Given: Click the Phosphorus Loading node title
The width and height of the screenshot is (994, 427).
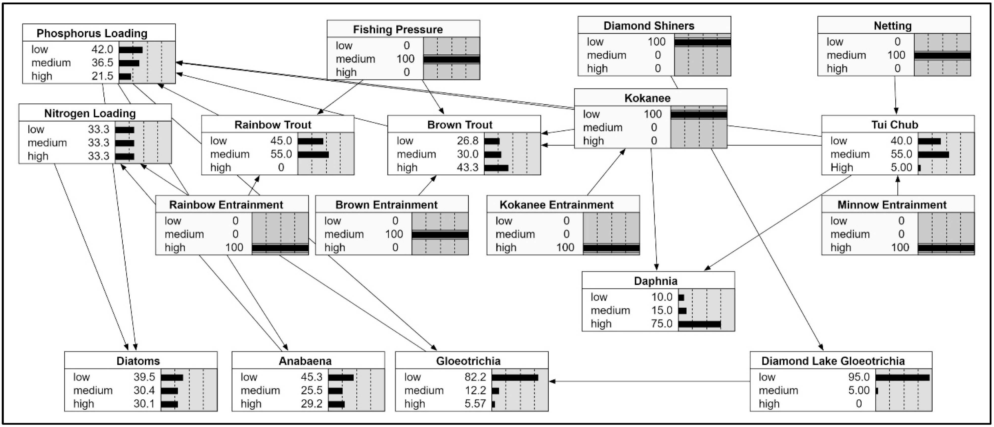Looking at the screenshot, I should pos(92,33).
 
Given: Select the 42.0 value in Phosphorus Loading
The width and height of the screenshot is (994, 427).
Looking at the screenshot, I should pos(102,49).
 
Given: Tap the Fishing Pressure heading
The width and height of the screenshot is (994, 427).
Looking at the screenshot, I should pos(398,29).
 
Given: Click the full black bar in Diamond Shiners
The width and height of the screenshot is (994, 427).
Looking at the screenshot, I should pos(702,42).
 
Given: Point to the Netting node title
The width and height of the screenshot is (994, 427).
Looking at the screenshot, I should pos(893,26).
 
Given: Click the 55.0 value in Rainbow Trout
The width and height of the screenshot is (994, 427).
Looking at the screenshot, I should pos(281,154).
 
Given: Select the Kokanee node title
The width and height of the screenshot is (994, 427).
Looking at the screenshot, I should pos(647,98).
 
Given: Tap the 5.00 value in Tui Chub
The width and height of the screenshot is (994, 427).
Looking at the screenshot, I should pos(901,167).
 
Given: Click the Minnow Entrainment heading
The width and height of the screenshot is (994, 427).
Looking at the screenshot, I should pos(892,205).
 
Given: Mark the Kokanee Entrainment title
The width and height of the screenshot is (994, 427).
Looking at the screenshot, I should pos(556,205).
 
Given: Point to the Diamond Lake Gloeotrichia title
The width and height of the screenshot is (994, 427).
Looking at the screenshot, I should pos(833,361).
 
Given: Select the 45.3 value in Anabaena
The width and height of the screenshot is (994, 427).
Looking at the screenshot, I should pos(311,377).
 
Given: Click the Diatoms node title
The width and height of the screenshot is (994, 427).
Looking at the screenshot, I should pos(138,361).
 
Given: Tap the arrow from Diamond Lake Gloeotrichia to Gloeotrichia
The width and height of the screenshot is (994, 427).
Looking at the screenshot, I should pos(648,381).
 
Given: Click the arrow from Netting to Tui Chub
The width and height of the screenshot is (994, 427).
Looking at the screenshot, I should pos(895,95).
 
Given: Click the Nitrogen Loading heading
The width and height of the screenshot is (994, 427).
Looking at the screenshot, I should pos(90,113).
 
